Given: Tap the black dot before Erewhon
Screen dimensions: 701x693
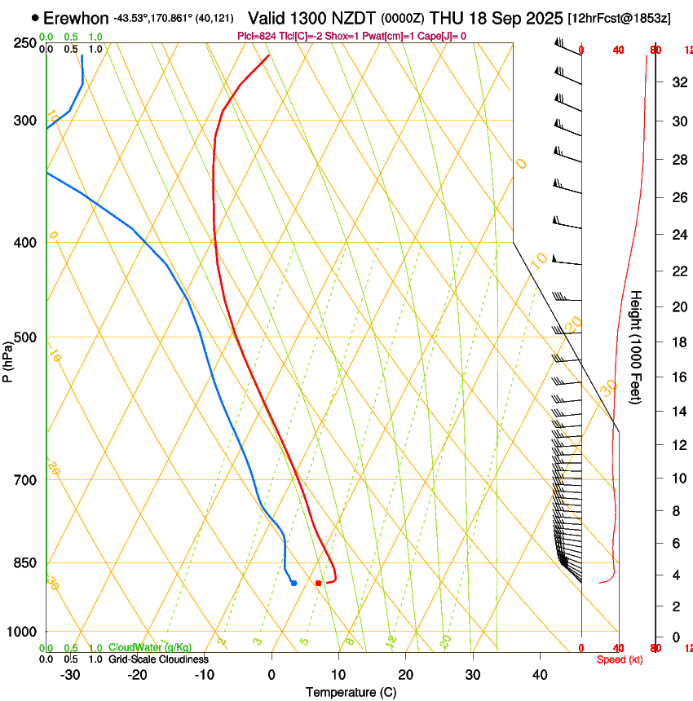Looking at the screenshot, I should click(x=35, y=17).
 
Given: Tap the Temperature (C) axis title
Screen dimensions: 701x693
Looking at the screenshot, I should click(x=351, y=692).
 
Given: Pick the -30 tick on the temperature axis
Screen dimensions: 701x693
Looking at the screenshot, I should click(x=70, y=675).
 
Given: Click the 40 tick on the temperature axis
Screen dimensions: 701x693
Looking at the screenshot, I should click(x=540, y=675).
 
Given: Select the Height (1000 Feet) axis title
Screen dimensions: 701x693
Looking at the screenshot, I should click(x=636, y=347).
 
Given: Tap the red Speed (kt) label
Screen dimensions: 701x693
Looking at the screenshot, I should click(x=620, y=659).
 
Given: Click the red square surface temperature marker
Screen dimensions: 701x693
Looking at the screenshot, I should click(x=318, y=583).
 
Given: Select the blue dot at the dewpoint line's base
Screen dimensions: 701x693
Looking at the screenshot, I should click(x=294, y=583).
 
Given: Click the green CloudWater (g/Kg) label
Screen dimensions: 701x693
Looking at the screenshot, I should click(x=150, y=647).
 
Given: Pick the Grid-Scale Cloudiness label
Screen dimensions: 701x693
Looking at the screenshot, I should click(x=158, y=659).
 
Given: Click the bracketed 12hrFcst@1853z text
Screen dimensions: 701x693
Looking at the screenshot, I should click(x=620, y=18).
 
